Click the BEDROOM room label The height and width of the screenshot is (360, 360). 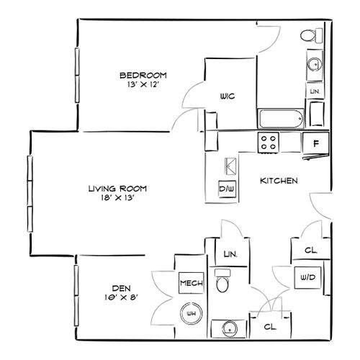(x=143, y=76)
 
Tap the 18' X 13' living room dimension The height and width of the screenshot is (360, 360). (x=117, y=198)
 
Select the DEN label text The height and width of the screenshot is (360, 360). (x=122, y=288)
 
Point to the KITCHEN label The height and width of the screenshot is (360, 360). (x=279, y=181)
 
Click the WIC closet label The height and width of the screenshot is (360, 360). (x=228, y=96)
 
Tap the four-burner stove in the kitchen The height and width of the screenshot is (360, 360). (x=269, y=143)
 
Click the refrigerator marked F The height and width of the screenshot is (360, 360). (x=316, y=143)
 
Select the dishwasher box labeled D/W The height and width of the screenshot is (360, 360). (x=227, y=189)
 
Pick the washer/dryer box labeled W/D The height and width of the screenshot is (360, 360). (x=307, y=278)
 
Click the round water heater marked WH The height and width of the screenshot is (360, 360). (x=192, y=313)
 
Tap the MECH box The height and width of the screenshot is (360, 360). (x=192, y=283)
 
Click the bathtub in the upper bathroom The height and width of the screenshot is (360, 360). (x=281, y=119)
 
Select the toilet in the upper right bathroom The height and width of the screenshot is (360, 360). (x=312, y=35)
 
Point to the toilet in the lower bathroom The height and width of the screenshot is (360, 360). (x=222, y=280)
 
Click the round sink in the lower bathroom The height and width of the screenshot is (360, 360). (x=230, y=329)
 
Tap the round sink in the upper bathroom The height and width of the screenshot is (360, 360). (x=315, y=64)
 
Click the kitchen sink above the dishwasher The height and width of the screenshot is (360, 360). (x=230, y=166)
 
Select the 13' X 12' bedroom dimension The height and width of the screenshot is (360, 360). (x=143, y=84)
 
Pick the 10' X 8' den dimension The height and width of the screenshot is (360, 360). (x=122, y=297)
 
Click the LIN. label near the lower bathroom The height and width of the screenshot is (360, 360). (x=230, y=254)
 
